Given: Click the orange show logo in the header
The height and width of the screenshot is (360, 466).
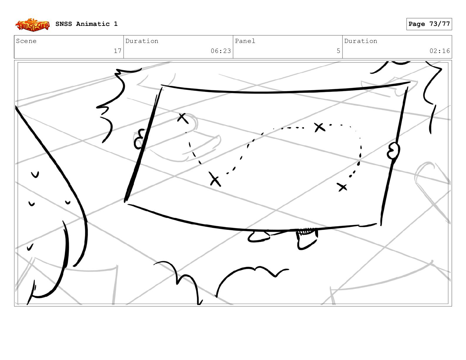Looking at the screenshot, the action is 33,25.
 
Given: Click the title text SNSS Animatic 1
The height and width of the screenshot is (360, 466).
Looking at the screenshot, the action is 86,24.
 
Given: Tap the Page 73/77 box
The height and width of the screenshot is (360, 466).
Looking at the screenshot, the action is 429,24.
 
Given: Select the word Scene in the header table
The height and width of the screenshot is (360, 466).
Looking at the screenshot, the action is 26,41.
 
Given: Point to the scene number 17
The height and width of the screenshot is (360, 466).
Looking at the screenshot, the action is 117,51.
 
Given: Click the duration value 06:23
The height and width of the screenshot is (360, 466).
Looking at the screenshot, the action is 221,51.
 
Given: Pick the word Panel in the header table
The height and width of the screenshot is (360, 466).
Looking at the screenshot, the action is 245,41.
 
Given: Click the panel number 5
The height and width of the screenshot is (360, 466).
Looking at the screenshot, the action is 338,51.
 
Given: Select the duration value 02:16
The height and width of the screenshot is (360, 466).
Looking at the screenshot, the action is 440,51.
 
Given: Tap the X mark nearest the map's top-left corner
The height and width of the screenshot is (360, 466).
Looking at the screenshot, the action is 183,118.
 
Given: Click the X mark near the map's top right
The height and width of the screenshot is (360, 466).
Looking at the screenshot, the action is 319,127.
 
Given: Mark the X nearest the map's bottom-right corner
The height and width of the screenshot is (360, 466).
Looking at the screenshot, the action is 342,187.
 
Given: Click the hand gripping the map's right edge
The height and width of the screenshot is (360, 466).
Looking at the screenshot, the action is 393,151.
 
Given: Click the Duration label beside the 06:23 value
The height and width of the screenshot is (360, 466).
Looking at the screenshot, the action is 142,41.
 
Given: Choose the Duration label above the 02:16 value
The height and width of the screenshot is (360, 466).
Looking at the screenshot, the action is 361,41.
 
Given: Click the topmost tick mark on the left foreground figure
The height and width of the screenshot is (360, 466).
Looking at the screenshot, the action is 35,174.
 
